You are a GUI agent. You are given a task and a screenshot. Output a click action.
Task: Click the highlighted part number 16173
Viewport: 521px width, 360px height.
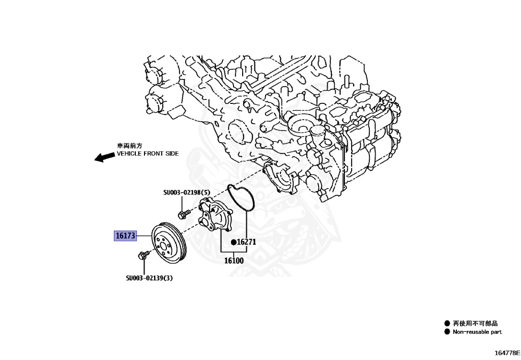point(125,236)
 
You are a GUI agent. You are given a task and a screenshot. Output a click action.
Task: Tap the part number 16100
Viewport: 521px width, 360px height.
point(234,261)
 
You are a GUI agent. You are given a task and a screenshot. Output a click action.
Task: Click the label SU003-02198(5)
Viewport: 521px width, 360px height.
point(186,192)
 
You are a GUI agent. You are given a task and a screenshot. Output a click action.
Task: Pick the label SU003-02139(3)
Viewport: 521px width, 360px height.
point(149,278)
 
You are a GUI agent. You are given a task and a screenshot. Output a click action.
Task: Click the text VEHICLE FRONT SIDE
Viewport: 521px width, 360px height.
point(148,153)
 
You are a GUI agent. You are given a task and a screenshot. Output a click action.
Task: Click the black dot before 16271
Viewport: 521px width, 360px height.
point(234,242)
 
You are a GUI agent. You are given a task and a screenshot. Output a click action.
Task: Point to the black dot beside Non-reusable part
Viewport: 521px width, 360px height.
point(447,332)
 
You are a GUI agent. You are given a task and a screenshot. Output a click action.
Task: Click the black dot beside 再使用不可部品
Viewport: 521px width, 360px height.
point(447,323)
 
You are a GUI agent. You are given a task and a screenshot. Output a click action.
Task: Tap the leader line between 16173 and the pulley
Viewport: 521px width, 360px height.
point(144,236)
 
